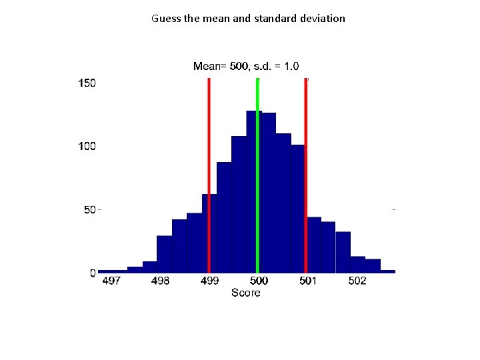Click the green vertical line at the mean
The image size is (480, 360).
coord(257,173)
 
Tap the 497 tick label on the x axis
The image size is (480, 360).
coord(111,281)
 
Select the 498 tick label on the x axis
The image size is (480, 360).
coord(160,281)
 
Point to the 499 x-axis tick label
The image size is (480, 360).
coord(209,281)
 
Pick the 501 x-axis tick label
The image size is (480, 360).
coord(307,281)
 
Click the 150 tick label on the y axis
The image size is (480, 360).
coord(87,83)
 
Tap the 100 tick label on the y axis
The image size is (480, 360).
coord(87,146)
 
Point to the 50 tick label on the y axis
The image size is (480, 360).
coord(90,210)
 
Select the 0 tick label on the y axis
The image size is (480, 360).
coord(93,273)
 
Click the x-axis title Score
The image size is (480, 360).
coord(245,293)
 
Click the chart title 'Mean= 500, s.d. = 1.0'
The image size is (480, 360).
coord(246,66)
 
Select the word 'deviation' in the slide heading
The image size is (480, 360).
coord(323,19)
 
